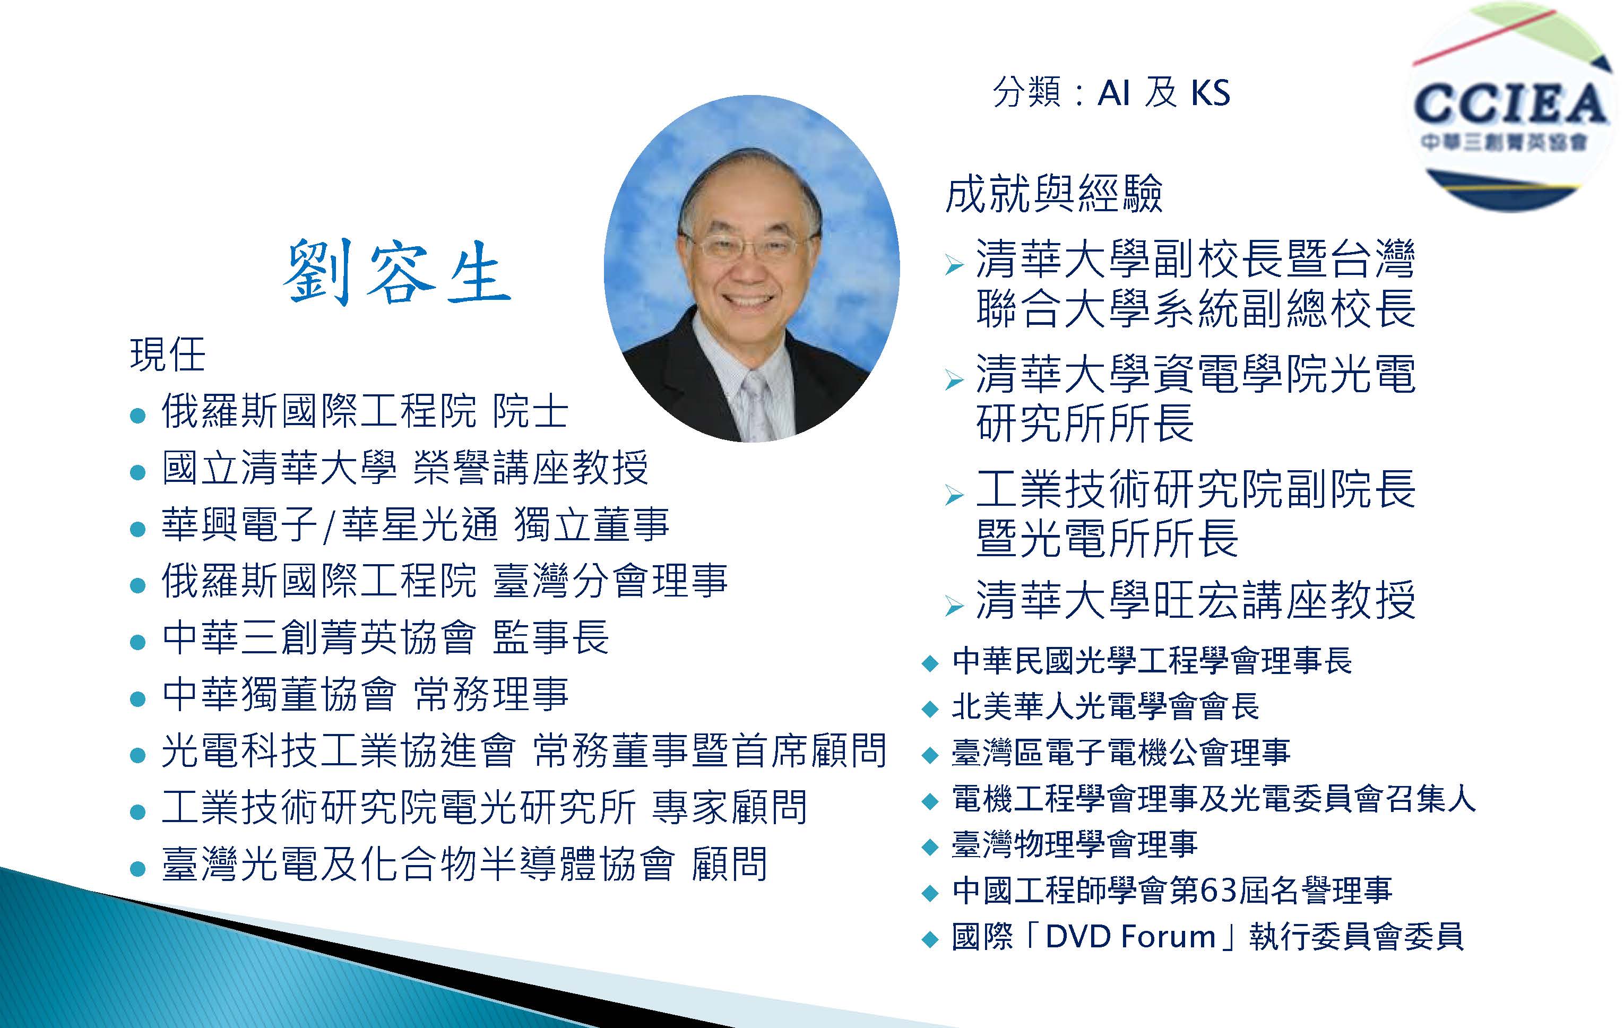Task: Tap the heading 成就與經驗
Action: [x=1053, y=194]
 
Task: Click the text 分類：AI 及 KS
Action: [x=1111, y=92]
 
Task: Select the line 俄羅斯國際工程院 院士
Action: [x=365, y=411]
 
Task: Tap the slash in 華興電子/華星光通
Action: [x=329, y=525]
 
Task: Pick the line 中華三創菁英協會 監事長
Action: [x=386, y=637]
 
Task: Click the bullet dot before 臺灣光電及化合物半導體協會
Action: [x=137, y=868]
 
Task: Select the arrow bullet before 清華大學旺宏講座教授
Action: [x=954, y=607]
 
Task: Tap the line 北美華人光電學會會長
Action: [x=1105, y=706]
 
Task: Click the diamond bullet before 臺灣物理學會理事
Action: [x=930, y=847]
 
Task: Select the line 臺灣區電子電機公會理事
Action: [x=1121, y=752]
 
